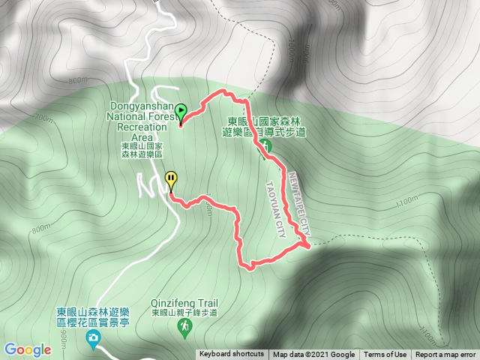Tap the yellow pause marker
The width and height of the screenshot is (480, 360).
tap(172, 181)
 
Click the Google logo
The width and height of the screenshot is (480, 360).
tap(27, 349)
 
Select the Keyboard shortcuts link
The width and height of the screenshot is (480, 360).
tap(232, 355)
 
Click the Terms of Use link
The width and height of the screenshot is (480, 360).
tap(385, 355)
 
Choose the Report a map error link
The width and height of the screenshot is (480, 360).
tap(445, 355)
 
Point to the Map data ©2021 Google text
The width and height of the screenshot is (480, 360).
tap(313, 355)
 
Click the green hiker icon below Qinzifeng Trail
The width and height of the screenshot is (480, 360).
tap(184, 325)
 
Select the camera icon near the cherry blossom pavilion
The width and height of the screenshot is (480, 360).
tap(92, 340)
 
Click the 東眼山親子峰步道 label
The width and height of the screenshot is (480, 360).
tap(184, 313)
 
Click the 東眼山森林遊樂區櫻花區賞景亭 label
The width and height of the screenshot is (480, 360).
tap(94, 321)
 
